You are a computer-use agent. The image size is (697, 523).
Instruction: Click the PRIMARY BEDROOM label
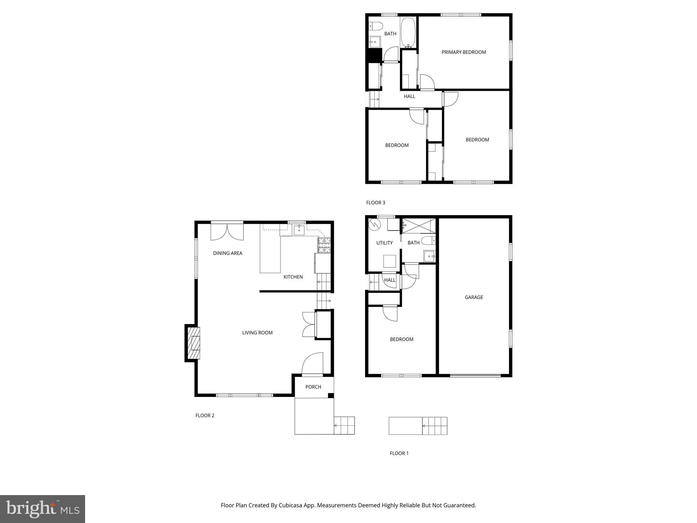coord(464,52)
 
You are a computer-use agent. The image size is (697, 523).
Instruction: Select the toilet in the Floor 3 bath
coord(376,26)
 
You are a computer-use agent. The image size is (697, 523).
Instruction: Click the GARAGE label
coord(474,297)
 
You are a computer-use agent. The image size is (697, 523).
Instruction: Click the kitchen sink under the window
coord(299,230)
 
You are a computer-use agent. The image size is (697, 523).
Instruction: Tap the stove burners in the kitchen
coord(324,245)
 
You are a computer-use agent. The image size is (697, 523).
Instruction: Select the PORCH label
coord(313,387)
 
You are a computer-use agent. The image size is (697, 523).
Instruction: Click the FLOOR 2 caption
coord(205,415)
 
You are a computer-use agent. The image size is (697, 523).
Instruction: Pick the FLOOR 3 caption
coord(375,203)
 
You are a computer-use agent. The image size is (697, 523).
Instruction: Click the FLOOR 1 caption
coord(399,453)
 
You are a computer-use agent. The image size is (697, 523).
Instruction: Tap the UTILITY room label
coord(384,243)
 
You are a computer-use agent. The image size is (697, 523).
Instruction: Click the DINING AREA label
coord(228,253)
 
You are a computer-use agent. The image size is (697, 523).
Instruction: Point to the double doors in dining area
coord(227,232)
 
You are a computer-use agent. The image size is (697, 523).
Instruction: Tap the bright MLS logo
coord(43,509)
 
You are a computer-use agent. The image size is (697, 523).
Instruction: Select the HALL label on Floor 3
coord(409,96)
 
